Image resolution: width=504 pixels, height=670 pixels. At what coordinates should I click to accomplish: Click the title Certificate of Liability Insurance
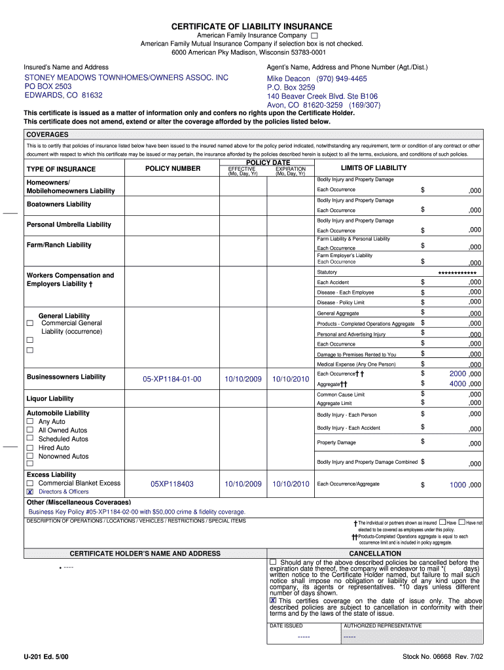(x=252, y=26)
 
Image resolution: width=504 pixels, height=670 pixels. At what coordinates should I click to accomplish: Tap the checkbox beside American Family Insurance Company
(x=315, y=35)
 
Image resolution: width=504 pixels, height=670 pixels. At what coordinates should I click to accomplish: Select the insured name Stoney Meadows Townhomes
(x=126, y=78)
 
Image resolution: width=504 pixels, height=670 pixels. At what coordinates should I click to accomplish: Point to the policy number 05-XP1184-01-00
(x=172, y=379)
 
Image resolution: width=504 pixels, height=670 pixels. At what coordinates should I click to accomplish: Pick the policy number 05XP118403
(x=172, y=484)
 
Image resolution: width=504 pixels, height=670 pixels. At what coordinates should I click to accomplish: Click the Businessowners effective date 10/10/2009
(x=243, y=379)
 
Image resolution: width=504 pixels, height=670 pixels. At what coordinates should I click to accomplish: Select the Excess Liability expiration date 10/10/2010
(x=291, y=484)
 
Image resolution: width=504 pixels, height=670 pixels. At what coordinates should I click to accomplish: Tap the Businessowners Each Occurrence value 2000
(x=457, y=374)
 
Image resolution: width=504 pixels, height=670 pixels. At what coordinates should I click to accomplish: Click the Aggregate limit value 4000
(x=457, y=384)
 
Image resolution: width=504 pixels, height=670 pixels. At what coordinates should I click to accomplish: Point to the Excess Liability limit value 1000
(x=457, y=485)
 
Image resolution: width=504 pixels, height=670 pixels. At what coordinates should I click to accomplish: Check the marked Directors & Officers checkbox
(x=29, y=491)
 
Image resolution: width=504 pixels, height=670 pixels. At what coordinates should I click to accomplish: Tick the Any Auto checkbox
(x=29, y=421)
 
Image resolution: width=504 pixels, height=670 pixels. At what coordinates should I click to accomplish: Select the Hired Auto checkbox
(x=29, y=448)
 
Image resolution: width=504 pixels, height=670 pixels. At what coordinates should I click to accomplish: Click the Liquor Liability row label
(x=50, y=398)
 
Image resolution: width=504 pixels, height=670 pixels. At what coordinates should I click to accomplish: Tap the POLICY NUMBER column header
(x=173, y=169)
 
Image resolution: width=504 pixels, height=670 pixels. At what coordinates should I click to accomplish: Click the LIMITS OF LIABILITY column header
(x=373, y=168)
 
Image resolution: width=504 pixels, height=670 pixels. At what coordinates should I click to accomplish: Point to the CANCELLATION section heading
(x=375, y=554)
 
